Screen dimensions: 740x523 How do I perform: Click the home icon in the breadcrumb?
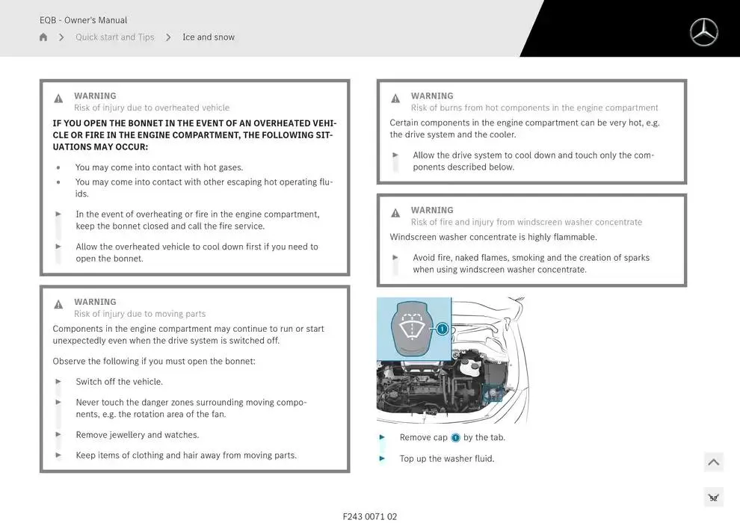(43, 37)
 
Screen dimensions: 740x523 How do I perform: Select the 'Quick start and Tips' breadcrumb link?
(114, 37)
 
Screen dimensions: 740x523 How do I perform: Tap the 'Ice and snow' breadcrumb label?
(209, 37)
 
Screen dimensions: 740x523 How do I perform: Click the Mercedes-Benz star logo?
(703, 32)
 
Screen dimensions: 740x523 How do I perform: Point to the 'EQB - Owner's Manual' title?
(83, 20)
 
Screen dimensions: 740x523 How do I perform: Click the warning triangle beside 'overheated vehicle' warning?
(58, 99)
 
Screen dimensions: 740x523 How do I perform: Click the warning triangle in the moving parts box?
(58, 305)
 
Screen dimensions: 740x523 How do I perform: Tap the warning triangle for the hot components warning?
(395, 99)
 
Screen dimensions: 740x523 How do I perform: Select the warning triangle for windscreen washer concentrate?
(395, 213)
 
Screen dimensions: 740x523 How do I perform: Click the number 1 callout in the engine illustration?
(443, 329)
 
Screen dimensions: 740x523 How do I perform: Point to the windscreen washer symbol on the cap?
(413, 325)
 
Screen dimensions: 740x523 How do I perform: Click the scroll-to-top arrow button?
(714, 462)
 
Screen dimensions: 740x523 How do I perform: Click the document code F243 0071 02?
(370, 516)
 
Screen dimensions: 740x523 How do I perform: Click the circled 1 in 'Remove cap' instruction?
(455, 438)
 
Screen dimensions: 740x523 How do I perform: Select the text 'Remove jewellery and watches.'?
(138, 435)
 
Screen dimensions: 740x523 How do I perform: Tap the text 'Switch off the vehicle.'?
(120, 382)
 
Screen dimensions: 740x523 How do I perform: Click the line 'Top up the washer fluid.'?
(447, 459)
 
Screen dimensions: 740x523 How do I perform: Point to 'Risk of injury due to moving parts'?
(140, 314)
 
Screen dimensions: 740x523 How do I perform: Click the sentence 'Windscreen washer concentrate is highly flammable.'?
(493, 237)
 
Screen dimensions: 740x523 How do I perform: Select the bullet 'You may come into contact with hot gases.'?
(159, 167)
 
